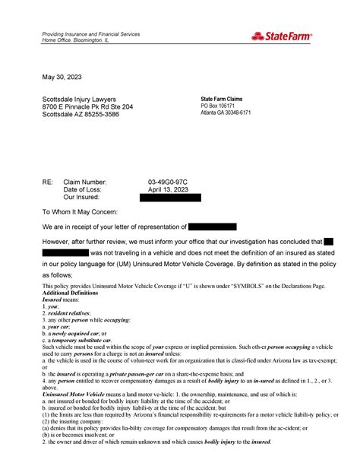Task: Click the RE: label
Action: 48,182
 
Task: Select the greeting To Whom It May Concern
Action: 89,214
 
